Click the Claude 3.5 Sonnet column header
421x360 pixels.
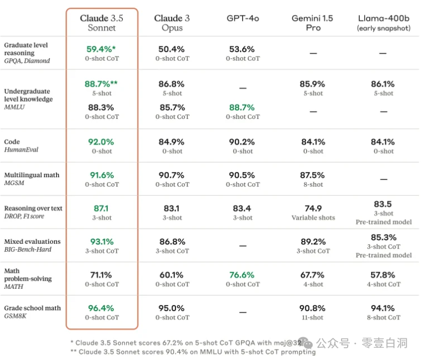point(102,23)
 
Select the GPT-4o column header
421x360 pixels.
point(243,18)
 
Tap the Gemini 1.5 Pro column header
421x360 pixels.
point(313,23)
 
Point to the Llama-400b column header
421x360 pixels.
point(383,22)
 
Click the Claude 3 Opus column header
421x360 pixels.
point(172,23)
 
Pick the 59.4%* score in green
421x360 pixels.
point(101,49)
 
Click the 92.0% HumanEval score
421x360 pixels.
point(102,142)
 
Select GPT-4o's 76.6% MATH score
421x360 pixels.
point(242,275)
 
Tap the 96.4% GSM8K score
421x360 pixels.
point(102,308)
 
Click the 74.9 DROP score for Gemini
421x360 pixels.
point(313,208)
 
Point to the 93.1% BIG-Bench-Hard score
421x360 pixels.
point(102,242)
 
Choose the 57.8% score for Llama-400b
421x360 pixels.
point(383,275)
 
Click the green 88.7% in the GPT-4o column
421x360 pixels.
point(242,107)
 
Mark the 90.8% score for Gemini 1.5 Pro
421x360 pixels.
point(313,308)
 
